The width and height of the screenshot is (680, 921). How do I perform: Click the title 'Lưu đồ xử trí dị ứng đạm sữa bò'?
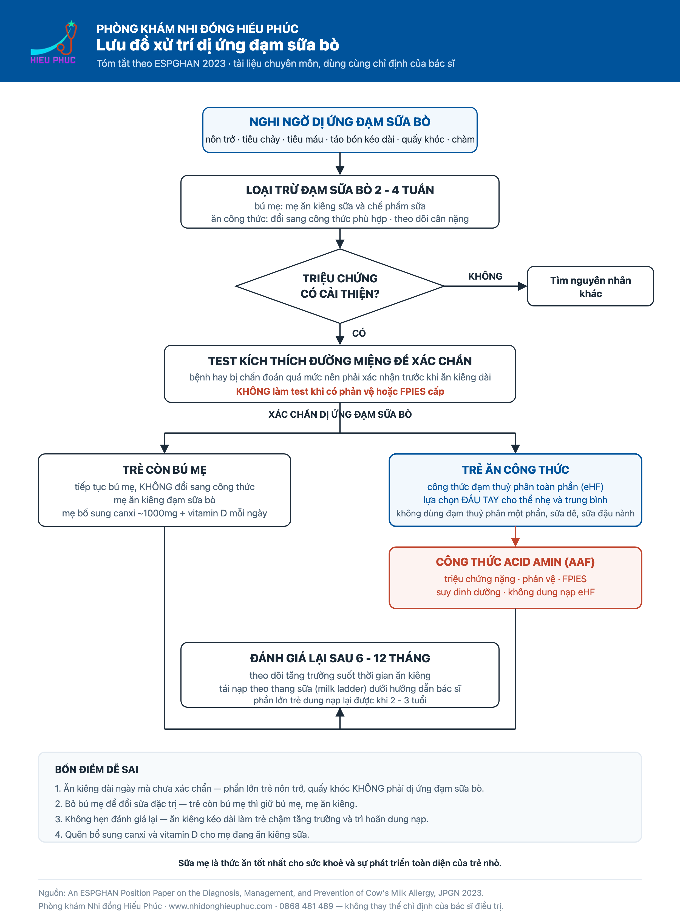pos(218,45)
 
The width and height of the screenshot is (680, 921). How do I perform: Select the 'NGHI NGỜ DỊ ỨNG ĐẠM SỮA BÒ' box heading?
pos(340,122)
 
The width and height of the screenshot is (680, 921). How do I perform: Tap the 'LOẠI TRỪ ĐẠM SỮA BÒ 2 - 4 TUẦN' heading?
pos(340,190)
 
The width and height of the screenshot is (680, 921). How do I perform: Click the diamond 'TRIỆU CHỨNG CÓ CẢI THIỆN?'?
pos(340,286)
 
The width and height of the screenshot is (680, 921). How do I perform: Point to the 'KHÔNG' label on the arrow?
pos(485,276)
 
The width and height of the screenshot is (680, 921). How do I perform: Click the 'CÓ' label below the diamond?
pos(359,333)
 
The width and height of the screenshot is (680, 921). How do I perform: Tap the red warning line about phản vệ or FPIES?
pos(340,391)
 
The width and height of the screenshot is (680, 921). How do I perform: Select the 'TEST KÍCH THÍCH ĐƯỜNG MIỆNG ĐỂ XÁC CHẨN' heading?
pos(340,361)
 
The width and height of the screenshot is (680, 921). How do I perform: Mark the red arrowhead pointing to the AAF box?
pos(515,542)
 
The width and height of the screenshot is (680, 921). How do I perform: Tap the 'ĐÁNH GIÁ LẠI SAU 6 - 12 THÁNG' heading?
pos(340,658)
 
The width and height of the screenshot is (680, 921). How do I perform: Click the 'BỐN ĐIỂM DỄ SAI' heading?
pos(97,770)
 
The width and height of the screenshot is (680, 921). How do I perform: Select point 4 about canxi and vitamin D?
pos(182,835)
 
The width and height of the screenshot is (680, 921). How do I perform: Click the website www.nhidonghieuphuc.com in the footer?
pos(221,906)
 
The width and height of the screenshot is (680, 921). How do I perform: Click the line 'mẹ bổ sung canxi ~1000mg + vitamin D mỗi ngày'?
pos(165,513)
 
